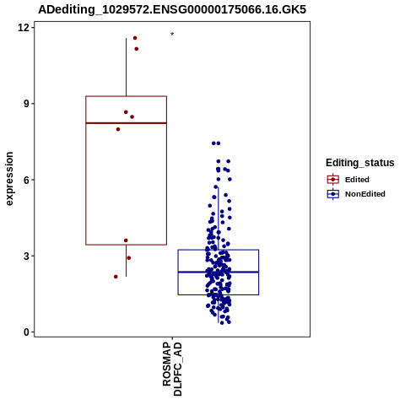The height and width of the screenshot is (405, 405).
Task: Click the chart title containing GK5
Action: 172,10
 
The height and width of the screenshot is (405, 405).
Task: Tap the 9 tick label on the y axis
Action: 26,104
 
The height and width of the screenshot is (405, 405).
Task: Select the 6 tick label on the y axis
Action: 26,180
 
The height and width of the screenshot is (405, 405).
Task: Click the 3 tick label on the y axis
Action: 26,256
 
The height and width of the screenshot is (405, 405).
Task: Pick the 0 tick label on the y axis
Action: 26,332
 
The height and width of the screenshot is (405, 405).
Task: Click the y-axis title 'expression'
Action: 9,179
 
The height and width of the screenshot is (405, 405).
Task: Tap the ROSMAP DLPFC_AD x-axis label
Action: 172,369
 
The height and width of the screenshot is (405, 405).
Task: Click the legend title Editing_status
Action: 360,163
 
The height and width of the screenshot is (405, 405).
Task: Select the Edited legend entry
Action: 348,180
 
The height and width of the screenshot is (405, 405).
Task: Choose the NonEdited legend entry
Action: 356,194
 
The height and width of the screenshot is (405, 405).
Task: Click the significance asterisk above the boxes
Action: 172,35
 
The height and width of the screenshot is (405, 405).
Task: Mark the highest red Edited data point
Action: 135,38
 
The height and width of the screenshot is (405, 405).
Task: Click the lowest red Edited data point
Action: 116,277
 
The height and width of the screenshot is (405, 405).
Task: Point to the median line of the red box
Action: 127,123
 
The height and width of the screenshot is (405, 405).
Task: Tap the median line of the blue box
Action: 219,272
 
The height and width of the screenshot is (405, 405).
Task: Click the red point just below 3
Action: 129,258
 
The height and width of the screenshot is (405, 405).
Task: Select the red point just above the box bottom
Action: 126,240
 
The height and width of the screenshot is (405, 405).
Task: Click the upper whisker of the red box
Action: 126,67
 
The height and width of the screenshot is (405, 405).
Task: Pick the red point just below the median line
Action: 118,129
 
